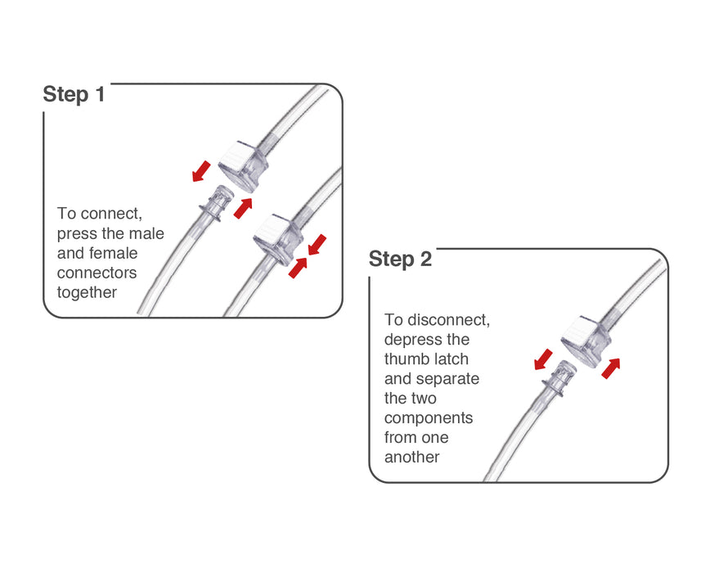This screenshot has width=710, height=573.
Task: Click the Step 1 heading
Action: pos(74,94)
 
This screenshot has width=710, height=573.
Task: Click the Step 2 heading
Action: pos(400,259)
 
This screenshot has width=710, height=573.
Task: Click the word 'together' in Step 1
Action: pos(88,292)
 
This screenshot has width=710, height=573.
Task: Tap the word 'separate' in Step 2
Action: pos(448,379)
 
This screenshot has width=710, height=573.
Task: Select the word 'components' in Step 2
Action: pos(429,418)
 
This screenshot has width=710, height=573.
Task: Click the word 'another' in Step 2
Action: pos(412,457)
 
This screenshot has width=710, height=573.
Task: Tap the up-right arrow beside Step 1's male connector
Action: pos(243,208)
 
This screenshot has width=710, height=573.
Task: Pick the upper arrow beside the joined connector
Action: pos(317,243)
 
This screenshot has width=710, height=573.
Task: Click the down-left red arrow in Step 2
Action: pos(541,359)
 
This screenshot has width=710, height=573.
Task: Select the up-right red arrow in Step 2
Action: pos(610,368)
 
